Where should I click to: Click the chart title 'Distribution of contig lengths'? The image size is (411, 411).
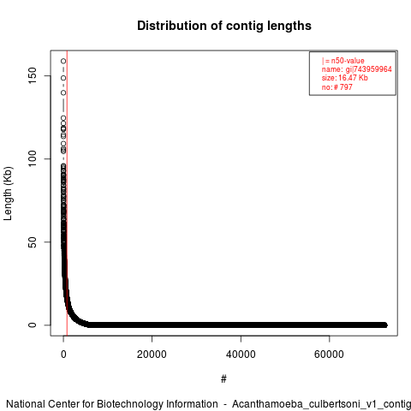pos(224,26)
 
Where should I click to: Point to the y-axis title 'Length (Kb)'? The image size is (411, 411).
pos(8,194)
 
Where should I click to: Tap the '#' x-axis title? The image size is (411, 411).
pos(223,379)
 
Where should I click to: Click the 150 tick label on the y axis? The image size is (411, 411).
pos(33,75)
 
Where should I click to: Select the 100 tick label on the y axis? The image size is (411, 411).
pos(33,159)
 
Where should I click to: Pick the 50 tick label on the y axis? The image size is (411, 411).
pos(33,242)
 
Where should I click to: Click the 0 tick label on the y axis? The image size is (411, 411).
pos(33,325)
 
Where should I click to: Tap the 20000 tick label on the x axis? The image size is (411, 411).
pos(152,354)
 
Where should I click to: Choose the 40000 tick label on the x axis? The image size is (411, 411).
pos(241,354)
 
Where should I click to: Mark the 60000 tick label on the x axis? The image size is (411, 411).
pos(329,354)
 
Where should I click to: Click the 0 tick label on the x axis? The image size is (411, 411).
pos(63,354)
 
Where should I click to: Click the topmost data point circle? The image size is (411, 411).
pos(63,61)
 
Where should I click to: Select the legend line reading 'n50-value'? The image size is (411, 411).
pos(343,61)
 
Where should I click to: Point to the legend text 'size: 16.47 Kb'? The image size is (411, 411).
pos(345,78)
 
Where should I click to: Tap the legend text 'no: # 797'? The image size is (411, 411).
pos(337,86)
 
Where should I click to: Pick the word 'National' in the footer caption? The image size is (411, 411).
pos(26,404)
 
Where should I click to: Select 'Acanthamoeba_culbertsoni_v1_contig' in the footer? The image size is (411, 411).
pos(321,405)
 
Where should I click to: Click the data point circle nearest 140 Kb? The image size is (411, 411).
pos(63,92)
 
